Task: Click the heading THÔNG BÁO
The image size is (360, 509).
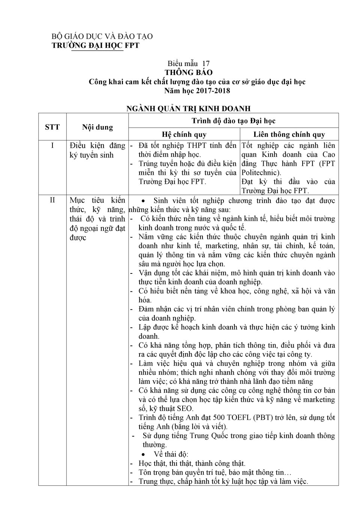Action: [x=189, y=72]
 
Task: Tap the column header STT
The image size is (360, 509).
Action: [x=52, y=127]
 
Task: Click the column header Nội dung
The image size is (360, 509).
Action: [x=97, y=127]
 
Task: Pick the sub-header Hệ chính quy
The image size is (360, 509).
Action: [x=184, y=134]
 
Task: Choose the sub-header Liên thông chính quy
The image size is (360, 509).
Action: [x=289, y=134]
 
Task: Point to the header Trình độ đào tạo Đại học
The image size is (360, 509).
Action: [x=233, y=120]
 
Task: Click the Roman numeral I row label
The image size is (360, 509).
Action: [x=52, y=145]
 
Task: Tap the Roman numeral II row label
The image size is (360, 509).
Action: [x=52, y=200]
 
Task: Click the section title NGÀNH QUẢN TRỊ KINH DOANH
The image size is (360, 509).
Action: [x=188, y=109]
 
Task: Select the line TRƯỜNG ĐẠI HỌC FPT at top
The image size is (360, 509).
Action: [x=95, y=45]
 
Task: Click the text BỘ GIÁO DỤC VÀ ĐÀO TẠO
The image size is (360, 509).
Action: [x=102, y=36]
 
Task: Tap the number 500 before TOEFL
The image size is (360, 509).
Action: [x=219, y=417]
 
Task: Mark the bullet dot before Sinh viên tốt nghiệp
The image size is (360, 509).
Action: [x=144, y=201]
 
